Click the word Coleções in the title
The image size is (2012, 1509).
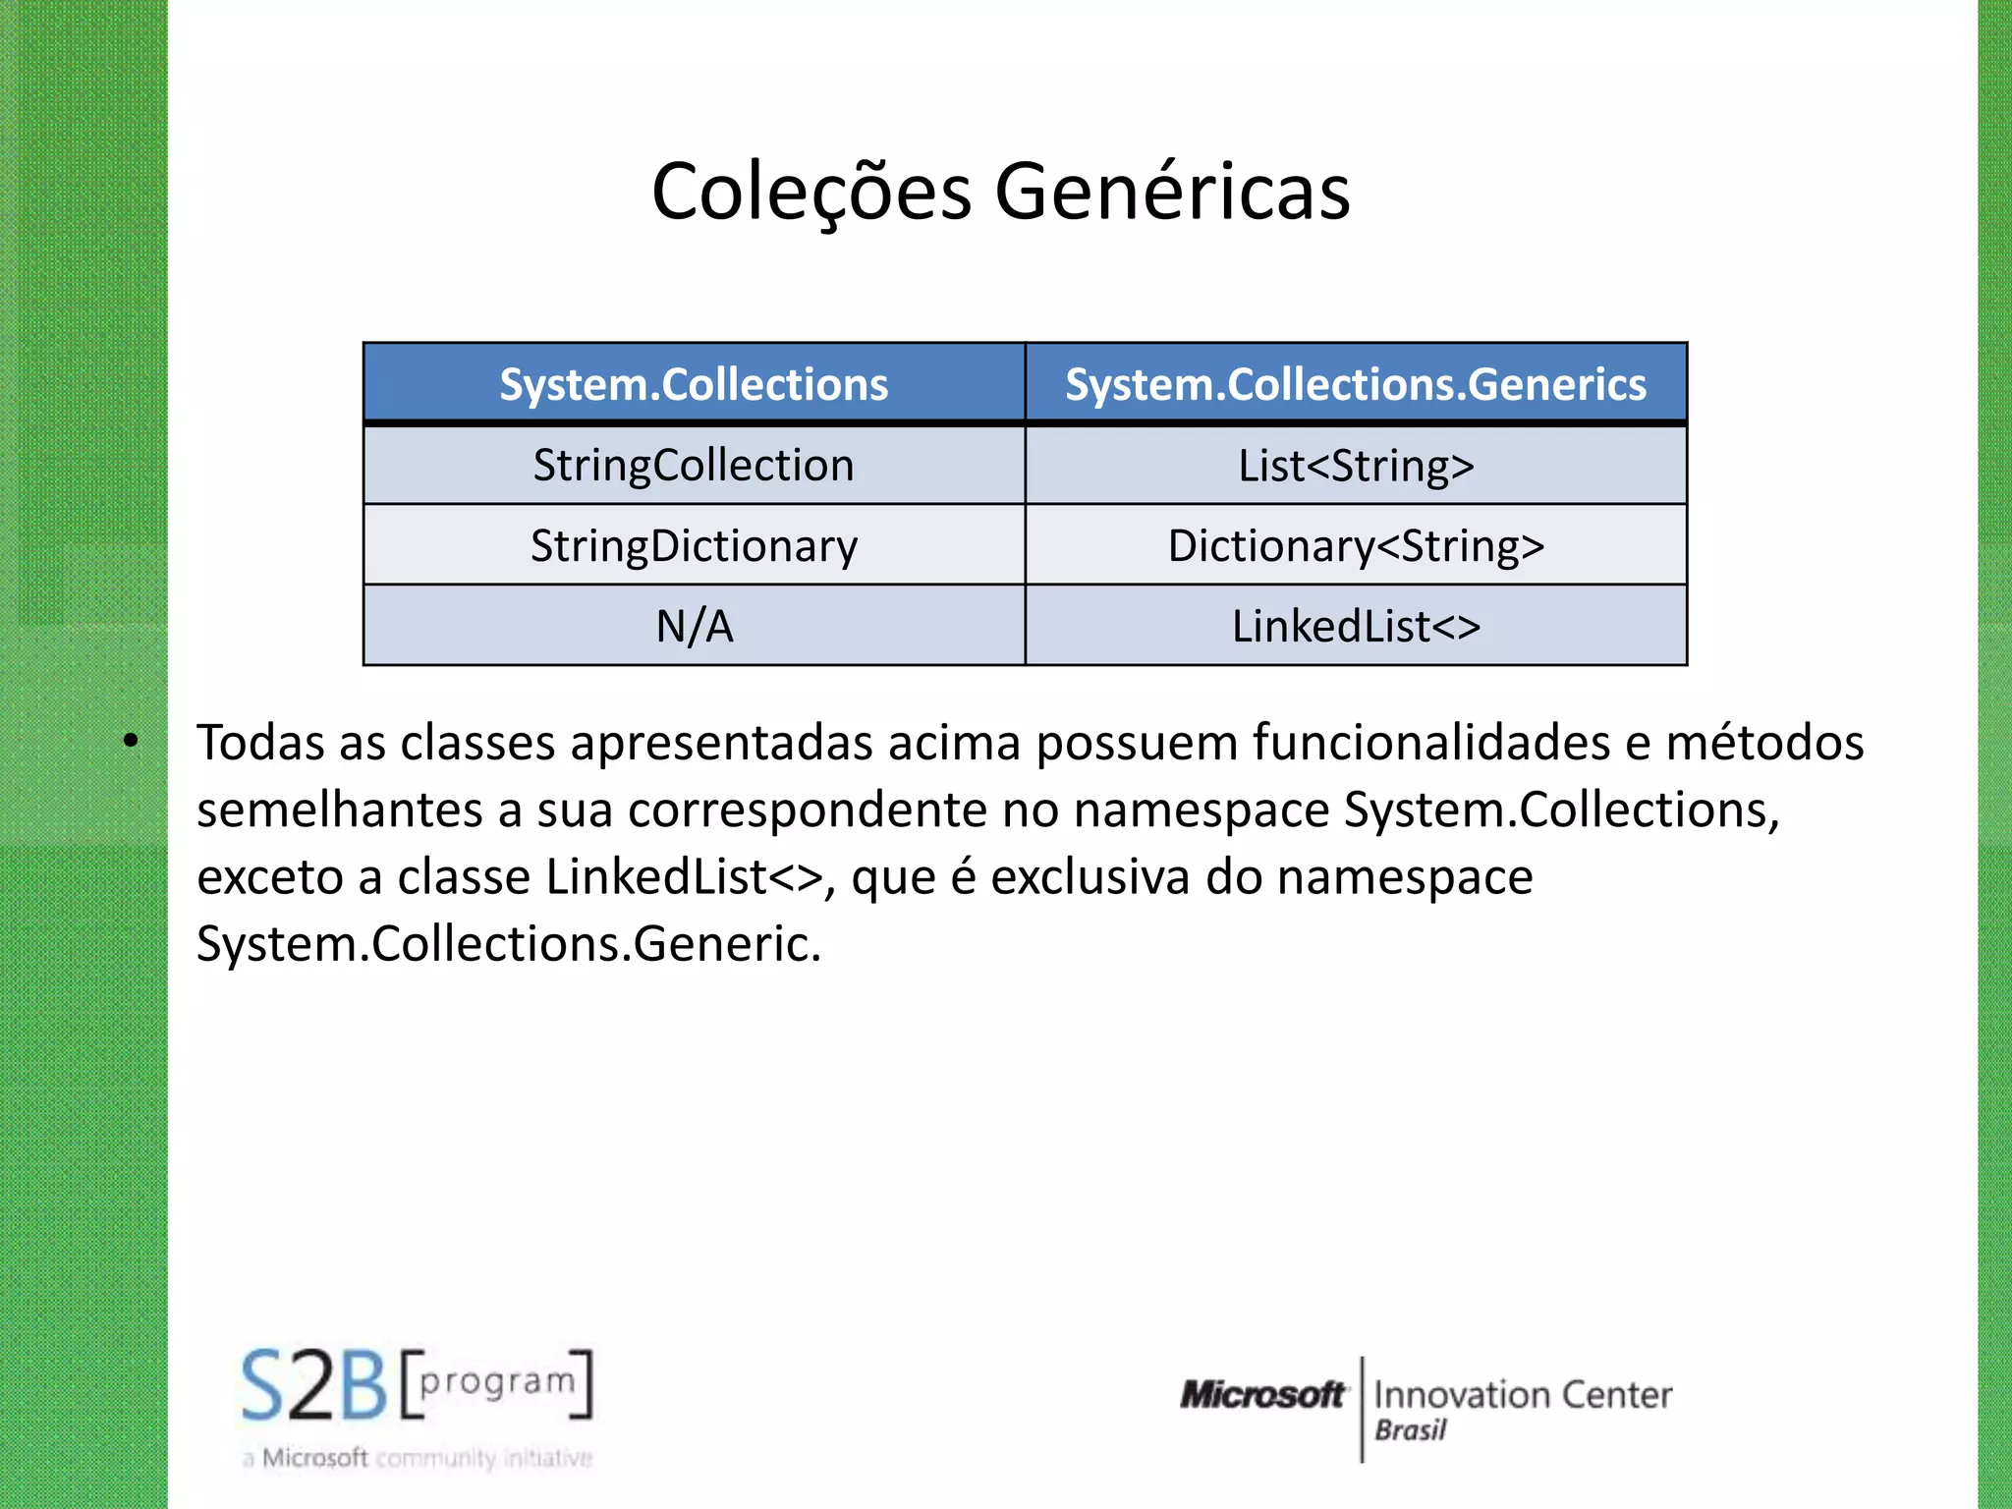811,192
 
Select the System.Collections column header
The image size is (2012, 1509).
694,384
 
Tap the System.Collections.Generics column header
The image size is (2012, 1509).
1356,384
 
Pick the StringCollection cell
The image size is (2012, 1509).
694,466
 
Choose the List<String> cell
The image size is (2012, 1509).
1356,466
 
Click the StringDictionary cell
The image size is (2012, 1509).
694,546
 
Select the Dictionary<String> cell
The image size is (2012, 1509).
1356,546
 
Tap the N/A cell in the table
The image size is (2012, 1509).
694,627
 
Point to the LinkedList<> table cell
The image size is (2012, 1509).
1356,627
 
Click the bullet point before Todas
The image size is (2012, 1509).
131,742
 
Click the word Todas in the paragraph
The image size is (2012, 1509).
260,743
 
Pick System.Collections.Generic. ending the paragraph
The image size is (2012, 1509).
508,944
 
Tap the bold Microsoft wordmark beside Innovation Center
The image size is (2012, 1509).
1262,1395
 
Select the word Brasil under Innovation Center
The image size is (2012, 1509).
1410,1430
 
